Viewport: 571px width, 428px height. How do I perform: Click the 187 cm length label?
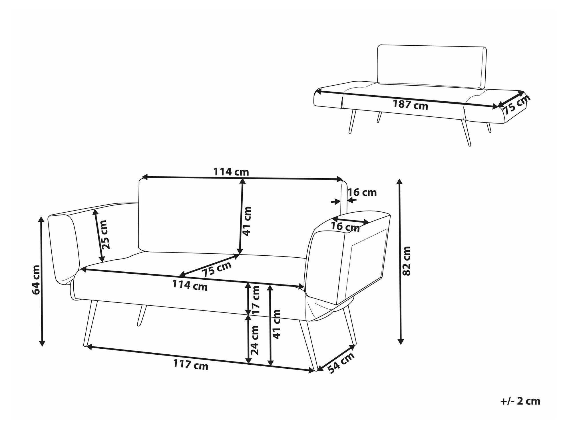point(410,105)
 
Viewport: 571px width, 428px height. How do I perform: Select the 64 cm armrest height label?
point(36,280)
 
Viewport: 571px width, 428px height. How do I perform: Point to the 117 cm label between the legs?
point(191,365)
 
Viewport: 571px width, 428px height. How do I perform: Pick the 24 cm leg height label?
point(254,340)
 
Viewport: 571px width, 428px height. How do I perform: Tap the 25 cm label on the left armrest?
point(105,235)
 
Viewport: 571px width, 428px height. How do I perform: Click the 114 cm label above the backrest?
point(231,172)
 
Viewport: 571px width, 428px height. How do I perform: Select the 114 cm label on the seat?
point(190,285)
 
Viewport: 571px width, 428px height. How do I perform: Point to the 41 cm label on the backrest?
point(247,221)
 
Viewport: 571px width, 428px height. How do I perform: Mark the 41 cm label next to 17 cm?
point(276,324)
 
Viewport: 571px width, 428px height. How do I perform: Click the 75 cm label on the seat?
point(216,269)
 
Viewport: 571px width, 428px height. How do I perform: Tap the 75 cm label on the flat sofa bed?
point(516,104)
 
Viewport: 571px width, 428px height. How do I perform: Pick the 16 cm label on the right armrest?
point(345,227)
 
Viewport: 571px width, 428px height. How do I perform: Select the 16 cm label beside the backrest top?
point(362,193)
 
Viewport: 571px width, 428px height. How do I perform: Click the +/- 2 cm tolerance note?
point(520,401)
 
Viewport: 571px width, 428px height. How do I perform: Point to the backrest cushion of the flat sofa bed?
point(432,67)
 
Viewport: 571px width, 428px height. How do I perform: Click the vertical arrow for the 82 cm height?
point(400,262)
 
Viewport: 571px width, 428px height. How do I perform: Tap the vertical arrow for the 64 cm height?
point(42,281)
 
